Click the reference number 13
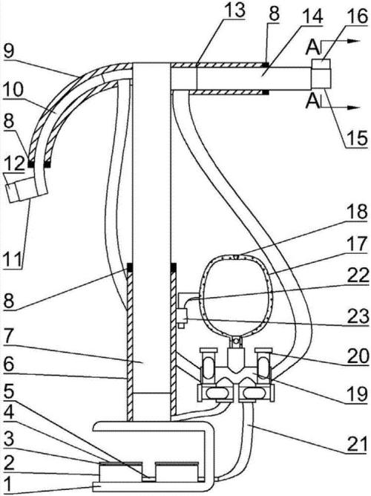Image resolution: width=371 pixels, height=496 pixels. point(234,10)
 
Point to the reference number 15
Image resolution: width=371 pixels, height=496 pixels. point(357,138)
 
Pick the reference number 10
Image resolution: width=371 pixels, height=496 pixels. point(13,90)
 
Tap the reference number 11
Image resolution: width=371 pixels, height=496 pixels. point(13,258)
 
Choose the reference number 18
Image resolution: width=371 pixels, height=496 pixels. point(357,212)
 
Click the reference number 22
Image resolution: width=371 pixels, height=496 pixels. point(358,275)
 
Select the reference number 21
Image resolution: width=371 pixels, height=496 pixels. point(358,444)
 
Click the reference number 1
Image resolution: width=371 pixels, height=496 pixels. point(9,484)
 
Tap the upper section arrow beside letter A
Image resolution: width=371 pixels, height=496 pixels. point(341,41)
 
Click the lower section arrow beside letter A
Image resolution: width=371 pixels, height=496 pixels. point(341,107)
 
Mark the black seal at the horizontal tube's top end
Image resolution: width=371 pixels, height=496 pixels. point(266,65)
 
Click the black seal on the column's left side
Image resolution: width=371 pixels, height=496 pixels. point(130,267)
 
